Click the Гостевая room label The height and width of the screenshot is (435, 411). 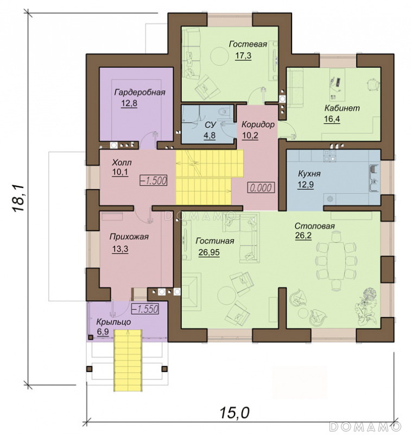(x=248, y=44)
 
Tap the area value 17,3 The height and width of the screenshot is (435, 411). (x=243, y=55)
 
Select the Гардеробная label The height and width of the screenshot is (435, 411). (x=140, y=92)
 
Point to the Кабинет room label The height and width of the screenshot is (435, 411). (x=342, y=108)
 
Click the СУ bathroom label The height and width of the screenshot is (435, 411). (x=210, y=125)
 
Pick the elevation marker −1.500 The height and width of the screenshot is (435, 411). (x=154, y=181)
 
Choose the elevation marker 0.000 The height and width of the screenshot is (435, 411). (x=261, y=188)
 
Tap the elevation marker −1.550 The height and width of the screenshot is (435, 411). (x=145, y=309)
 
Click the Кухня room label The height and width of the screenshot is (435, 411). (x=309, y=173)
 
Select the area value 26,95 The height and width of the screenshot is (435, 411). (x=209, y=252)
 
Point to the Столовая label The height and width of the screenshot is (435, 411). (x=314, y=226)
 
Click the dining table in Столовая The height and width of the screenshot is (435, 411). (x=336, y=260)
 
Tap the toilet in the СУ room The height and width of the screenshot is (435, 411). (x=223, y=111)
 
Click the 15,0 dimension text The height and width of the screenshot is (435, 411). (x=235, y=413)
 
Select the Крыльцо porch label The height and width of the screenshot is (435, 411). (x=113, y=322)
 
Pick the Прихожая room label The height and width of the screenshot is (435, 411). (x=129, y=237)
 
